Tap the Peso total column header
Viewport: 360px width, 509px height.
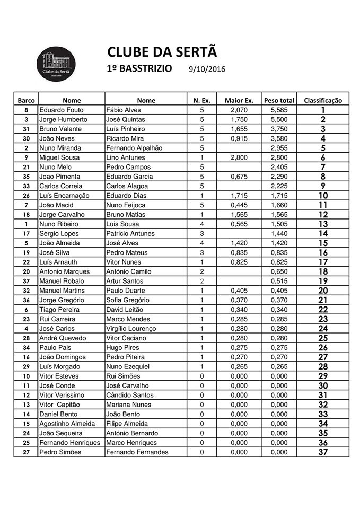[x=279, y=100]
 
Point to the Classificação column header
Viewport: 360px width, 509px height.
[x=323, y=100]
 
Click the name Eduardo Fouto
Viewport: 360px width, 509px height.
[x=62, y=110]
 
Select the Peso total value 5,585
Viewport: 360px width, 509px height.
[x=279, y=110]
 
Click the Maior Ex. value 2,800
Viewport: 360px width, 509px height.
[x=236, y=157]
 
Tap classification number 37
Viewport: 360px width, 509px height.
[x=323, y=452]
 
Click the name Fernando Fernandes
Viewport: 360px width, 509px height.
[x=137, y=452]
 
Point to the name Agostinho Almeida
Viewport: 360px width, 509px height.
[x=67, y=424]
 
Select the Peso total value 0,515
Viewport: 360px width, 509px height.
[x=279, y=281]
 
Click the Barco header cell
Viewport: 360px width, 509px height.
[x=26, y=100]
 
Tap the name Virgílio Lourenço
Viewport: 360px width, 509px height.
[x=130, y=329]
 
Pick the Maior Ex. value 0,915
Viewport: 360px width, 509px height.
[x=236, y=138]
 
